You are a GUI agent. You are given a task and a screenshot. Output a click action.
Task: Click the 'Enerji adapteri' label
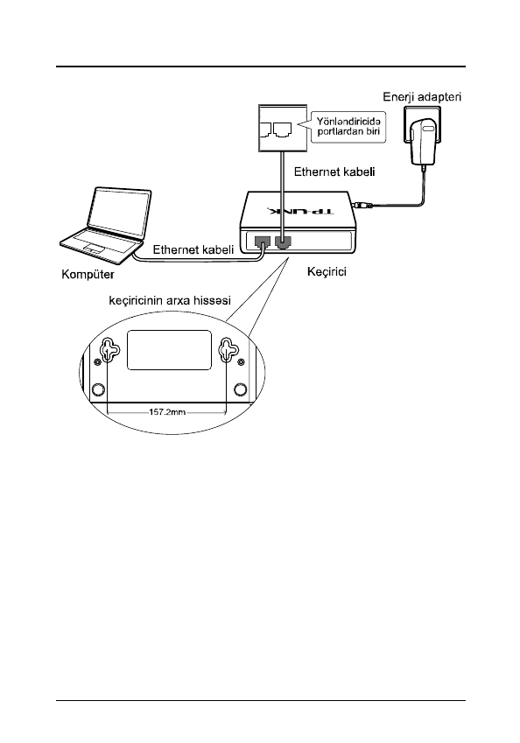click(x=422, y=97)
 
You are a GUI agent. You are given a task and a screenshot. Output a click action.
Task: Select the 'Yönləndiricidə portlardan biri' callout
click(x=348, y=127)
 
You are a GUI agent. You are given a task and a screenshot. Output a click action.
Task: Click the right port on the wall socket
click(x=282, y=129)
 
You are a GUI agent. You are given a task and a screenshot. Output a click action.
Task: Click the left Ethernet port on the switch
click(x=262, y=242)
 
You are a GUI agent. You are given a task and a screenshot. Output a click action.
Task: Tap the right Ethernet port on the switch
click(x=283, y=242)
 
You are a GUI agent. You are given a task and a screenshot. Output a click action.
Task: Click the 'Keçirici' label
click(x=327, y=271)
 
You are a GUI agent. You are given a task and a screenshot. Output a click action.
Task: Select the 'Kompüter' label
click(x=88, y=275)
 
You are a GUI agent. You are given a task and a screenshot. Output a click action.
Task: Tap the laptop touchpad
click(x=94, y=248)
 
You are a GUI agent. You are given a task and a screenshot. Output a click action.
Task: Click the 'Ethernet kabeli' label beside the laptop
click(x=193, y=249)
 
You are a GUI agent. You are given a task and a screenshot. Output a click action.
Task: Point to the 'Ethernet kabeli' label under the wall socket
click(x=334, y=172)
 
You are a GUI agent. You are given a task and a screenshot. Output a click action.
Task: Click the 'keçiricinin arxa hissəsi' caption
click(x=170, y=300)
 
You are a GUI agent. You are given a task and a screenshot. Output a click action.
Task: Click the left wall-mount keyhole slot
click(x=109, y=351)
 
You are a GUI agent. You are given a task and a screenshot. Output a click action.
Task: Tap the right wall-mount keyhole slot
click(x=228, y=351)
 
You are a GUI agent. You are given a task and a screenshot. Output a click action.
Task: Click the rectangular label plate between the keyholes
click(x=169, y=350)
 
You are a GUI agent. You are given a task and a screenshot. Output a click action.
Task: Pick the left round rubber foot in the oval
click(x=98, y=389)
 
